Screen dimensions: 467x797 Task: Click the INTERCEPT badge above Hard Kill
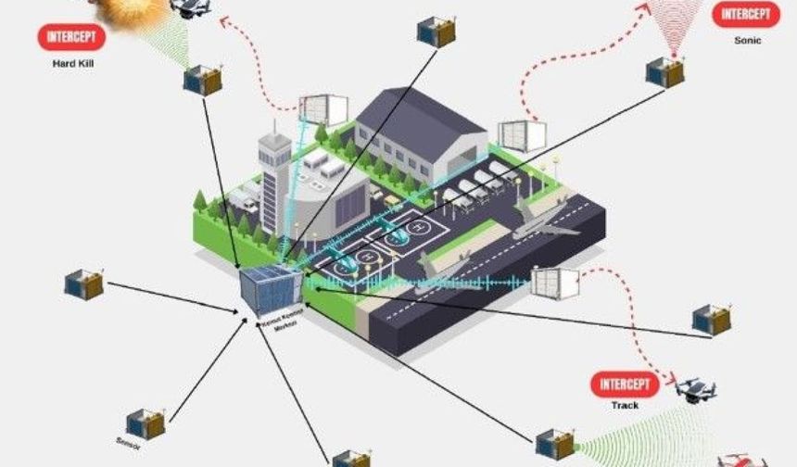point(71,37)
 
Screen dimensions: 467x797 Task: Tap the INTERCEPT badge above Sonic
point(746,16)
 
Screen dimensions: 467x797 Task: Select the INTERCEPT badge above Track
point(622,384)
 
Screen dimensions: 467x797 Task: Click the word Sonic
point(746,41)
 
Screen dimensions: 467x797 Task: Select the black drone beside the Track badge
point(696,390)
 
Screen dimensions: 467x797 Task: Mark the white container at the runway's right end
point(553,282)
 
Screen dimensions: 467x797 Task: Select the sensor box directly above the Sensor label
point(145,423)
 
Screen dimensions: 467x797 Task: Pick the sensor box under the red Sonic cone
point(665,71)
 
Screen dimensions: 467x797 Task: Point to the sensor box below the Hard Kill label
point(202,80)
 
